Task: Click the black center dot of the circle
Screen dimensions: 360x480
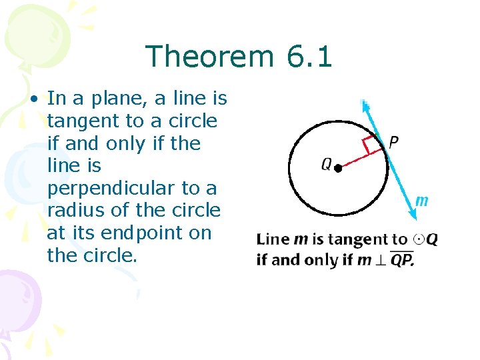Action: [x=338, y=169]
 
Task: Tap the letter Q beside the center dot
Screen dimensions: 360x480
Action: [x=327, y=165]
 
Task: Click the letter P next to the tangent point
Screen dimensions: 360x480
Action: [x=393, y=142]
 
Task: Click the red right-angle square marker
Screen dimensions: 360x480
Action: [x=369, y=144]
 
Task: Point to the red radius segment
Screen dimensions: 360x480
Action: [x=361, y=159]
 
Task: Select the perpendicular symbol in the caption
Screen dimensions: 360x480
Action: [x=380, y=259]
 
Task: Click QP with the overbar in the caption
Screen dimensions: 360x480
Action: [x=401, y=259]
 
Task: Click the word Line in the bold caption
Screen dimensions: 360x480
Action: [x=273, y=240]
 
